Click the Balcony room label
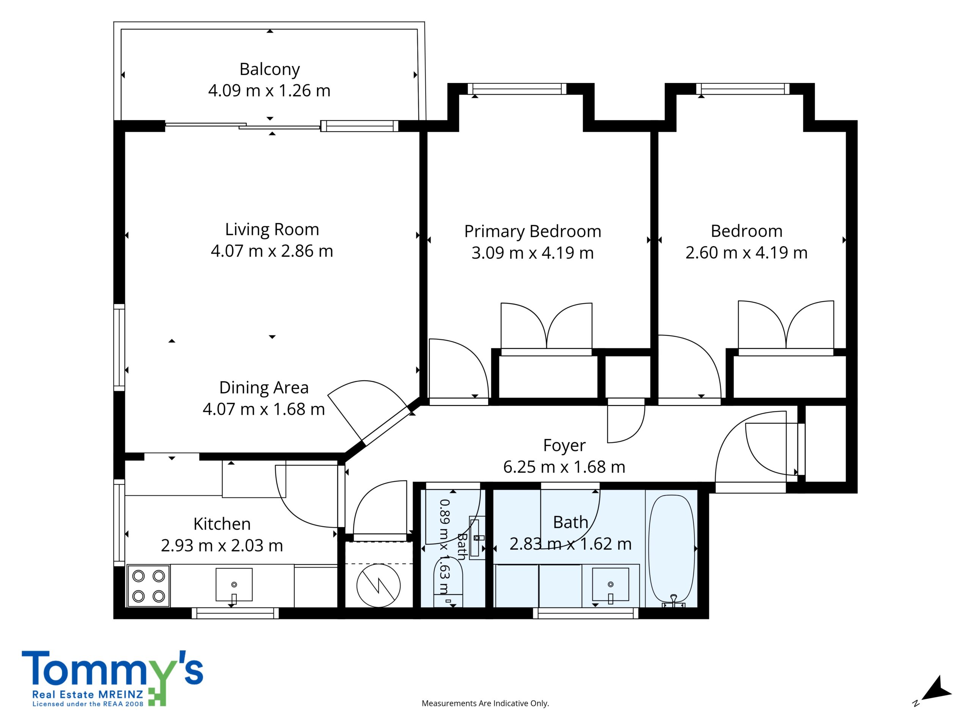tap(270, 69)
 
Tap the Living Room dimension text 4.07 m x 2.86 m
tap(272, 251)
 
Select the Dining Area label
tap(264, 388)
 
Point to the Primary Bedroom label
tap(533, 231)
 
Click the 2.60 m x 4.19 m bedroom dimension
tap(746, 253)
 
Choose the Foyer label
tap(564, 446)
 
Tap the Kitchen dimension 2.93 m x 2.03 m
tap(222, 546)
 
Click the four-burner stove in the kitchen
tap(148, 586)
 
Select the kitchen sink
tap(234, 585)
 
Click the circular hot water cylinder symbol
tap(379, 585)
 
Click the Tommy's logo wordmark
tap(112, 669)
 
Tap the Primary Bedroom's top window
tap(517, 89)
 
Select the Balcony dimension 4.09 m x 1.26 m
tap(269, 90)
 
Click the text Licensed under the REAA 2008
tap(88, 716)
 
